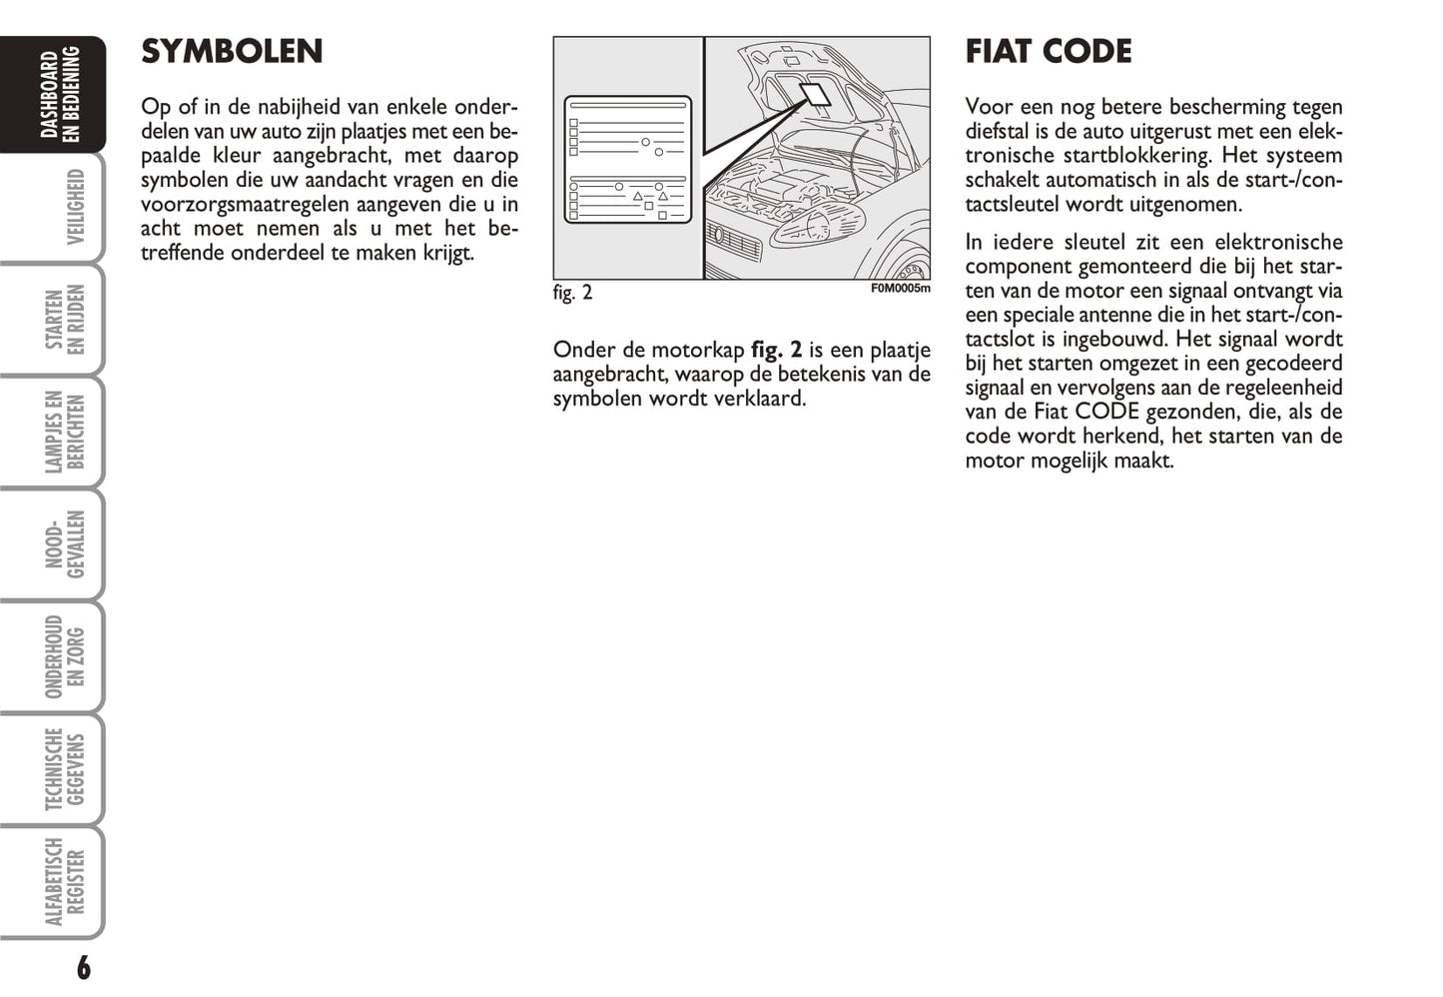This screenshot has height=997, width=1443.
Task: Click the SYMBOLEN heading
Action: click(x=232, y=52)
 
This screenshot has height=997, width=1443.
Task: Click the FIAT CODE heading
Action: click(x=1048, y=52)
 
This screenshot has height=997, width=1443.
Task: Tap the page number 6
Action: click(x=83, y=967)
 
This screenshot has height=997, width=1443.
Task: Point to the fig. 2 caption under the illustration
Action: click(x=572, y=293)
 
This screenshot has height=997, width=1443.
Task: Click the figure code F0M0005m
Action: click(x=900, y=289)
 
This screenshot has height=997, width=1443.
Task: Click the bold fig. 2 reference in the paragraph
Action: click(x=776, y=350)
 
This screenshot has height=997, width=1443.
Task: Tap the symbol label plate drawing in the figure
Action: click(x=627, y=160)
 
